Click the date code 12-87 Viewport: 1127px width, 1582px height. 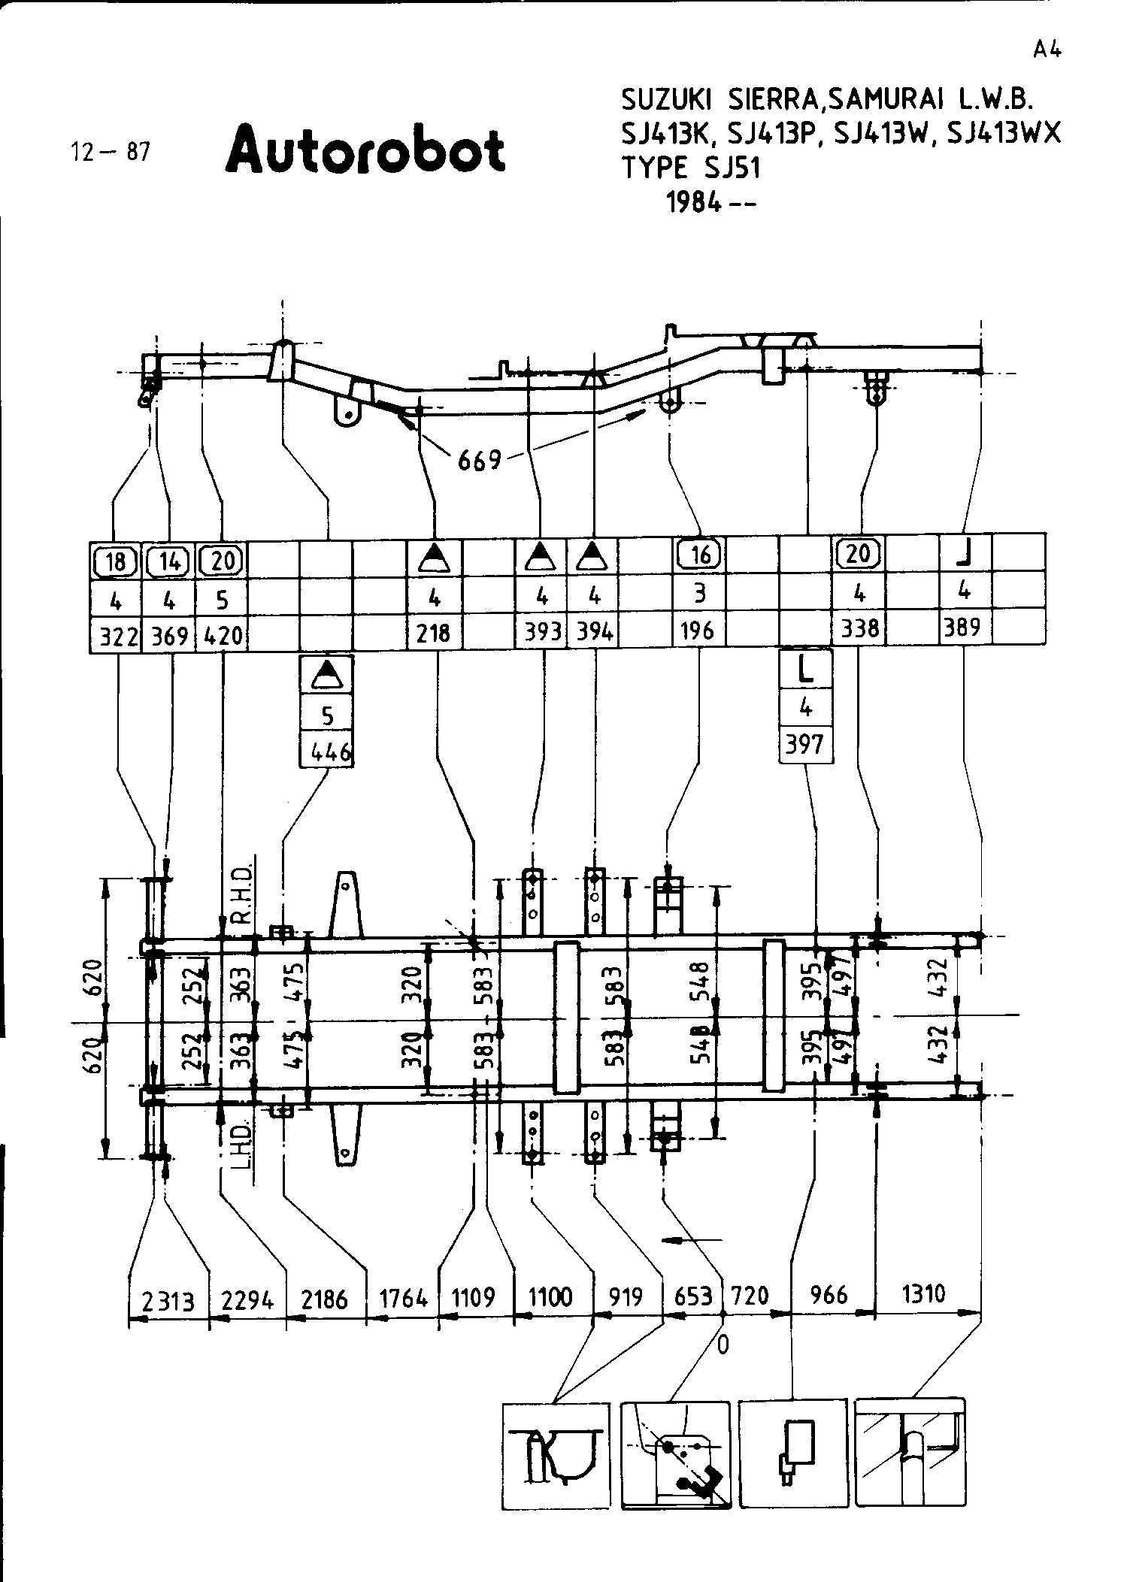111,153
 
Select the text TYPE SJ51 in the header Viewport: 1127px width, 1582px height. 691,168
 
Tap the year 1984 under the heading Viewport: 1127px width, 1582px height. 710,203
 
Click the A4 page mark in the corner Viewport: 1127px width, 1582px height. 1046,50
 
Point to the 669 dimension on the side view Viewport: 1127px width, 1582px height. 479,459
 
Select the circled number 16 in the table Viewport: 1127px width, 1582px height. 699,555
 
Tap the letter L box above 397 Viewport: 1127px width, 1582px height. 805,669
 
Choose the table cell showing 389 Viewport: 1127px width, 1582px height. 964,627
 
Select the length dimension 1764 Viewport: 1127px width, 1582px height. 403,1299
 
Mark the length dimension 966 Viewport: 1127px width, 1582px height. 829,1295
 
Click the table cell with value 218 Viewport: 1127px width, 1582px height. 434,633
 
